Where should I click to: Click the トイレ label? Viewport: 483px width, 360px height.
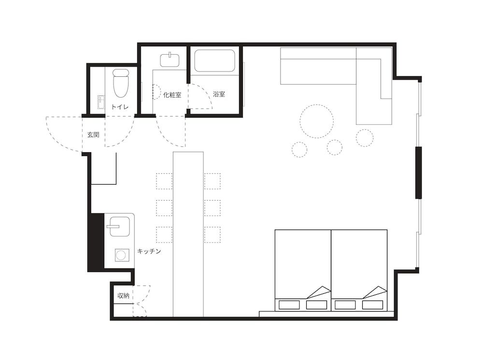point(120,107)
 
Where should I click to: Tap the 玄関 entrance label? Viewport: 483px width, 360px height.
point(93,135)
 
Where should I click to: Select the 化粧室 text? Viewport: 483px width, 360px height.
point(172,95)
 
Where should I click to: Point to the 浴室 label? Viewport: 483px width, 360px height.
point(219,94)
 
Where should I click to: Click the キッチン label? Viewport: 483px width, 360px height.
point(149,251)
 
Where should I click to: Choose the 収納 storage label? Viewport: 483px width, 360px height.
point(123,295)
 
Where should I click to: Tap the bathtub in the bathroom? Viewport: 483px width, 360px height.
point(215,61)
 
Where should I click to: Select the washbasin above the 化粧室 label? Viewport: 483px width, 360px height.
point(170,60)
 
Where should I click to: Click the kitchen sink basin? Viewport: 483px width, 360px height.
point(119,226)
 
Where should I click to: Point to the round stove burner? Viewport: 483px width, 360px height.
point(122,255)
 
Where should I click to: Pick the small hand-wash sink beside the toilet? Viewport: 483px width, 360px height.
point(101,102)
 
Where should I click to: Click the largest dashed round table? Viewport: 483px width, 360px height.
point(317,122)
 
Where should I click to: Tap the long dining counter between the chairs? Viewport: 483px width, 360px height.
point(188,234)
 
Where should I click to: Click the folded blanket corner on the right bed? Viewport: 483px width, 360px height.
point(374,292)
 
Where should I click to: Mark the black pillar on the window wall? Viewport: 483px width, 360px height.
point(419,173)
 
